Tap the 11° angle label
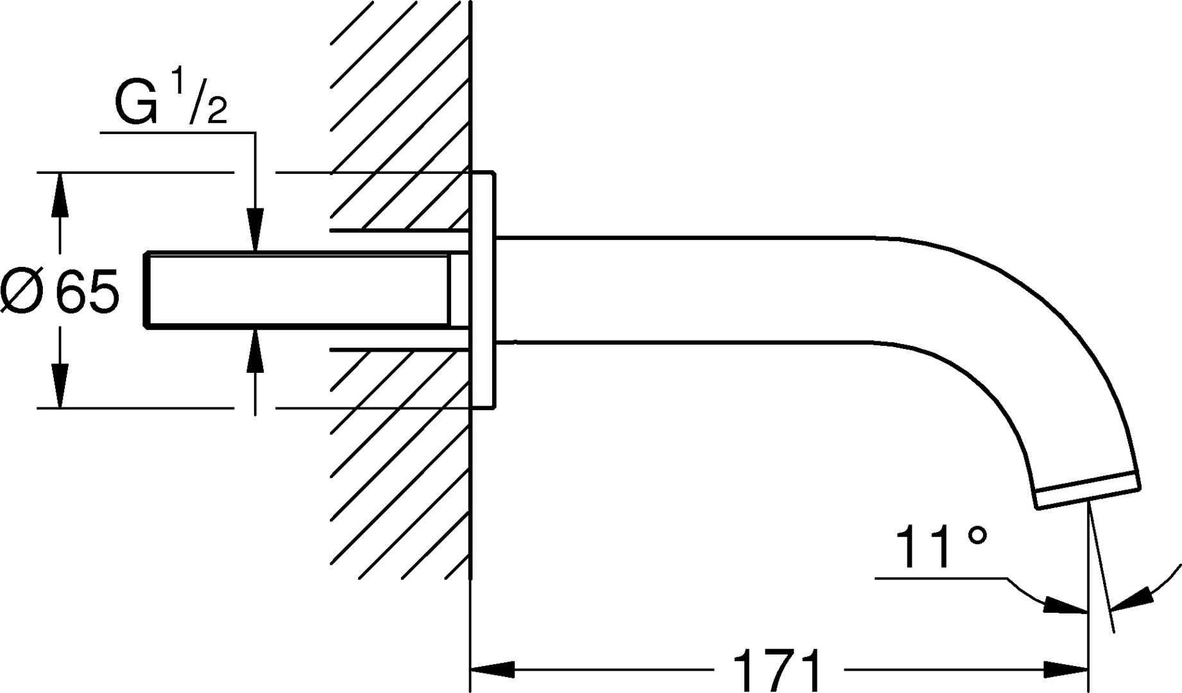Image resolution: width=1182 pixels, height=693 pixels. click(x=941, y=548)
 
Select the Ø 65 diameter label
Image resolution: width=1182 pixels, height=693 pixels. click(x=61, y=291)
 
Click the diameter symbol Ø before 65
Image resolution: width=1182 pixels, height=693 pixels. click(x=21, y=291)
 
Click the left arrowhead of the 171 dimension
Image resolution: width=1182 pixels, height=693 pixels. click(x=493, y=670)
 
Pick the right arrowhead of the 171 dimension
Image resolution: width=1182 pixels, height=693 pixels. click(x=1066, y=670)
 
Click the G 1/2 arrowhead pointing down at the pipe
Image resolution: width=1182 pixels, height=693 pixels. click(x=255, y=229)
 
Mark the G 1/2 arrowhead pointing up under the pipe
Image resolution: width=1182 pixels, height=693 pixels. click(x=255, y=350)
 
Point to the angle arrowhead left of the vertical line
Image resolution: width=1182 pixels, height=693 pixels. click(x=1066, y=606)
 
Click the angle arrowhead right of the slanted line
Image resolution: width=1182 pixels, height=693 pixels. click(x=1132, y=599)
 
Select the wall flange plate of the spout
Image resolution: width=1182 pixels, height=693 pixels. click(x=483, y=290)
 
